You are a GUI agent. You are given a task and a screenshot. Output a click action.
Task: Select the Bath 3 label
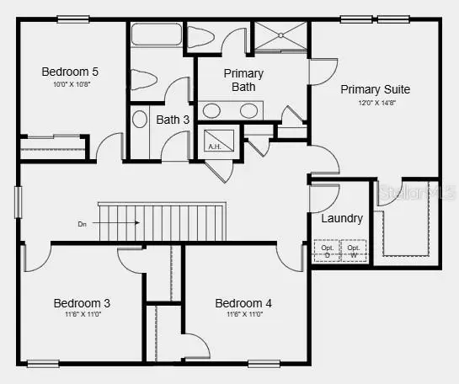(x=173, y=120)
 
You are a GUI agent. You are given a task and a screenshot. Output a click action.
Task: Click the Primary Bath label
(x=243, y=79)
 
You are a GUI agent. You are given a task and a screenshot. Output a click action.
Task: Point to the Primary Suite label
(x=374, y=88)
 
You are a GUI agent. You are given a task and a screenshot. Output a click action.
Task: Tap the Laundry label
(x=342, y=218)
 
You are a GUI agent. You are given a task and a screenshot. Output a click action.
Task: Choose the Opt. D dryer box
(x=327, y=250)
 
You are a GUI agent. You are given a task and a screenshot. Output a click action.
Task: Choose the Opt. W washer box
(x=353, y=250)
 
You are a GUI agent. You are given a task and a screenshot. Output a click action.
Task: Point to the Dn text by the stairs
(x=82, y=223)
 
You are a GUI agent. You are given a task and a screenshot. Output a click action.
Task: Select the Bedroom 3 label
(x=82, y=303)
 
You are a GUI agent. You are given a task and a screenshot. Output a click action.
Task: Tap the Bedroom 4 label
(x=243, y=303)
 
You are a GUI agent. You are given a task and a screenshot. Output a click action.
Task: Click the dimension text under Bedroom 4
(x=243, y=315)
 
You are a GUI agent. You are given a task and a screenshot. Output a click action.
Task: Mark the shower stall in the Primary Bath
(x=281, y=37)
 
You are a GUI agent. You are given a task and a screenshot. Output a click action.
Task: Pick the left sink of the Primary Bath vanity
(x=212, y=110)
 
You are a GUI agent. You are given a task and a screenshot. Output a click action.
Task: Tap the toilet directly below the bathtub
(x=145, y=80)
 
